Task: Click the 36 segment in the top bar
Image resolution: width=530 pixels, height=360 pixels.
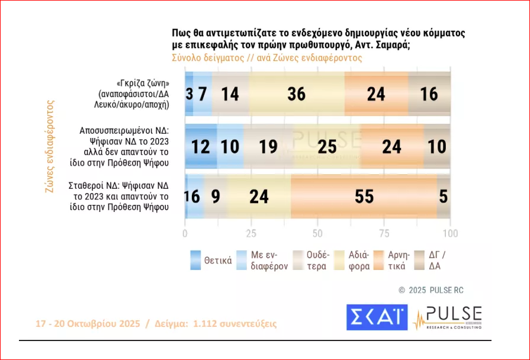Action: point(296,94)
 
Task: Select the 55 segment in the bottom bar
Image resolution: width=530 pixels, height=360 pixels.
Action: point(364,196)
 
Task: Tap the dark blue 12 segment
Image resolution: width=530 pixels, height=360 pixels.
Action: point(201,146)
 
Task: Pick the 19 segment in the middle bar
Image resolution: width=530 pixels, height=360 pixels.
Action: point(268,146)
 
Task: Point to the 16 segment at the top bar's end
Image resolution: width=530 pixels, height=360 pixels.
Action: point(429,94)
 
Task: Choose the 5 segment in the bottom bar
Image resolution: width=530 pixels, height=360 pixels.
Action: point(444,196)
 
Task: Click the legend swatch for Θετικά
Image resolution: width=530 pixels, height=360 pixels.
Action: point(196,261)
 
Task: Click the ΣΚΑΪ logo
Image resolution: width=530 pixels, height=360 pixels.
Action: point(377,317)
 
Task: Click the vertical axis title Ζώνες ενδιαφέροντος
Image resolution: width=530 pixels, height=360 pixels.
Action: point(50,146)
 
